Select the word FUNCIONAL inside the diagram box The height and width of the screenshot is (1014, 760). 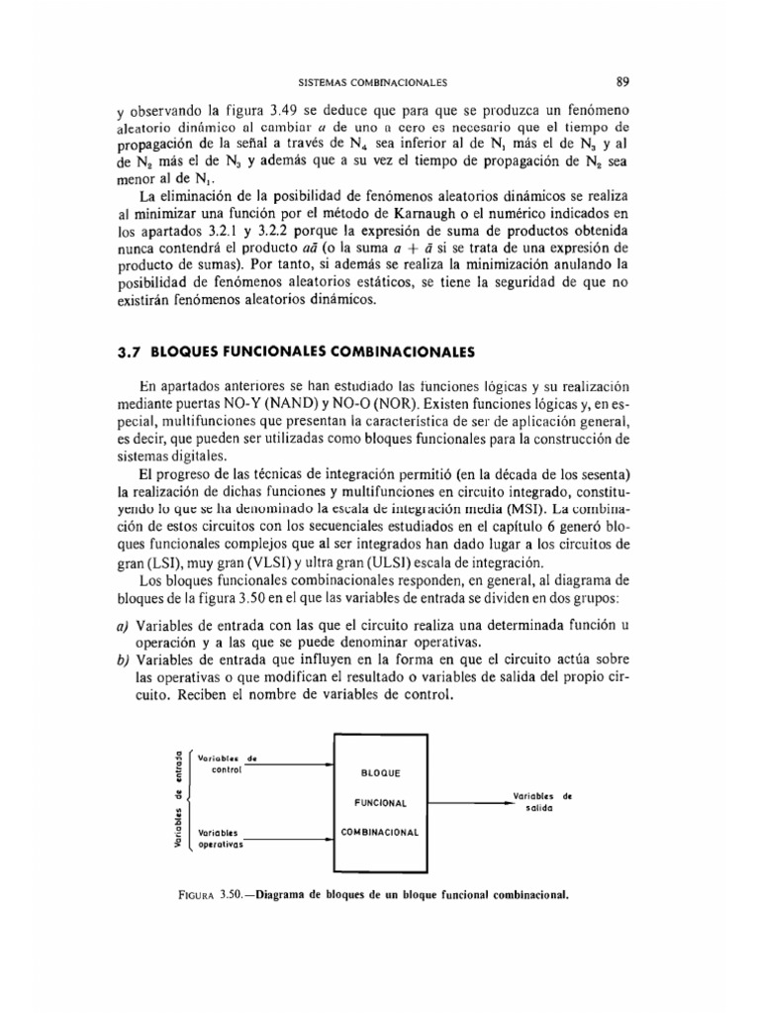point(381,802)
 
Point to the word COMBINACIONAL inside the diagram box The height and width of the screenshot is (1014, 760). point(381,833)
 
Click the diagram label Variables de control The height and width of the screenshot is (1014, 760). point(227,762)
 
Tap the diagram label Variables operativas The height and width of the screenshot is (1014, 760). point(222,839)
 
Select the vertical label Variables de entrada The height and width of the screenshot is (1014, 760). point(177,800)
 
